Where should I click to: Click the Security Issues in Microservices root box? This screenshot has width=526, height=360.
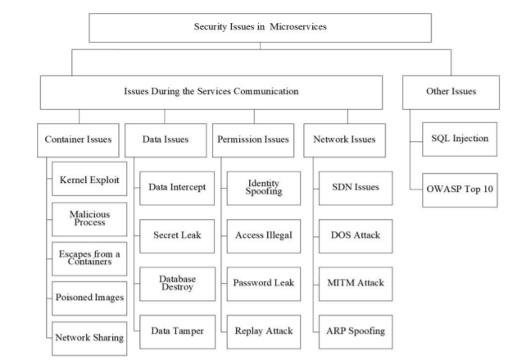point(260,28)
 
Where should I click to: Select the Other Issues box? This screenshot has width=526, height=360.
point(451,93)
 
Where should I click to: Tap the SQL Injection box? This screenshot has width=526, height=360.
point(460,139)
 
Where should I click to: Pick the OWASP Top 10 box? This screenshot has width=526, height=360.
point(460,190)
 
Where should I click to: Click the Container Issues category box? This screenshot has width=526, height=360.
point(78,140)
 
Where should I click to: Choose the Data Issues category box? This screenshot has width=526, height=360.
point(166,140)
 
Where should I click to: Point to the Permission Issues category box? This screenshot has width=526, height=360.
point(253,140)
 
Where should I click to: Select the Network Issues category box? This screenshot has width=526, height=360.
point(344,140)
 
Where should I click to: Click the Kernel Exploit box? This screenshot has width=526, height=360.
point(89,179)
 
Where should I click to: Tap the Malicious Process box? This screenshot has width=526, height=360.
point(89,219)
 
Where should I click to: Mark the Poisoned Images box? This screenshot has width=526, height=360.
point(89,298)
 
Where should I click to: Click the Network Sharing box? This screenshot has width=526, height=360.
point(89,339)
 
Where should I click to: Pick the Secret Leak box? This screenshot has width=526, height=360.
point(177,236)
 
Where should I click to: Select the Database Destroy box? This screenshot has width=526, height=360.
point(178,284)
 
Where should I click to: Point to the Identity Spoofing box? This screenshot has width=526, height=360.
point(264,189)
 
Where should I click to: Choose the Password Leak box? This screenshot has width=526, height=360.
point(264,284)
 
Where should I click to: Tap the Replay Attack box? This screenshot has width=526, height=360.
point(264,332)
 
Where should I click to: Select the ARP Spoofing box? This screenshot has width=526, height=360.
point(356,332)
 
